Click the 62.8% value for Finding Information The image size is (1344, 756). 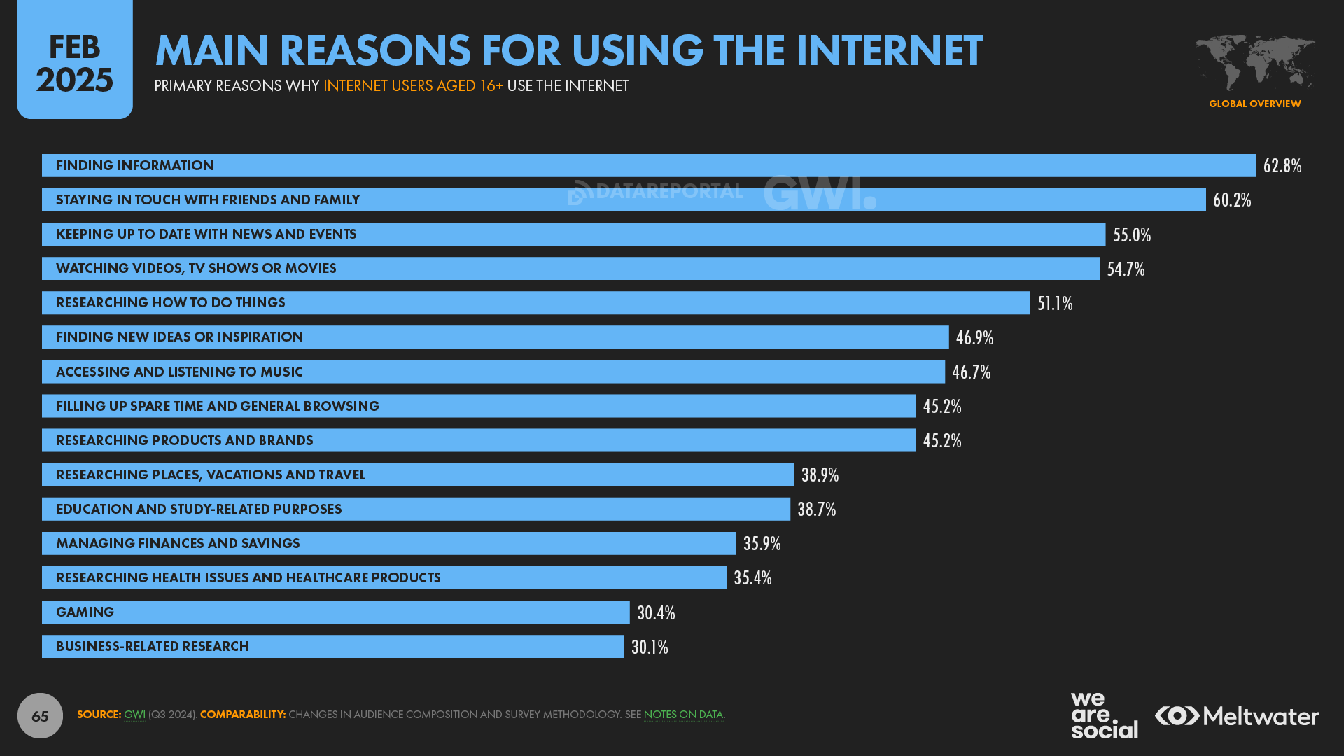point(1282,165)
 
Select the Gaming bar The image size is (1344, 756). point(335,612)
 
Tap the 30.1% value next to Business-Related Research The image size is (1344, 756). point(650,647)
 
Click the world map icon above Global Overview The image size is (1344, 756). point(1254,63)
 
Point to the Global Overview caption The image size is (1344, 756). point(1254,104)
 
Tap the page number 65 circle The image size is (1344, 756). point(40,715)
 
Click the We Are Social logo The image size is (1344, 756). point(1104,715)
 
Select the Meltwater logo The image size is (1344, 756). point(1237,715)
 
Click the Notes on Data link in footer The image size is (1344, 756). point(683,715)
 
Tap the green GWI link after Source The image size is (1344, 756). point(134,715)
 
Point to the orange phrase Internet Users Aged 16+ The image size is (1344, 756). point(413,85)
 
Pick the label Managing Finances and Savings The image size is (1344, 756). point(178,543)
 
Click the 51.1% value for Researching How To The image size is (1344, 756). point(1055,303)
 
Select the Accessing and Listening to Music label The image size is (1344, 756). point(179,372)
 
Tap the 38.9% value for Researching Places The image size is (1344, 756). point(820,475)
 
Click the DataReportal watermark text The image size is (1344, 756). point(668,191)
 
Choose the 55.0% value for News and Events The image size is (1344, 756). point(1132,234)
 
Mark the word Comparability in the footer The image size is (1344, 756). point(243,715)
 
